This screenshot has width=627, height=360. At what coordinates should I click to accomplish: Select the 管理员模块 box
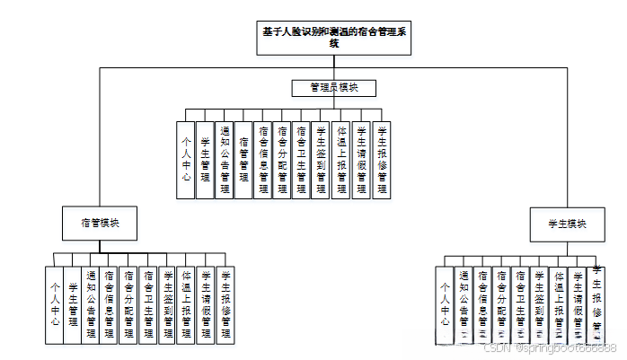334,88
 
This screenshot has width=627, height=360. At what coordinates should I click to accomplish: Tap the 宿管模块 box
100,222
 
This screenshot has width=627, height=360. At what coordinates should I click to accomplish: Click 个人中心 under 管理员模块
186,159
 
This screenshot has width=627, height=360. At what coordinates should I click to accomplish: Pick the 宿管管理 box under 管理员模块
243,159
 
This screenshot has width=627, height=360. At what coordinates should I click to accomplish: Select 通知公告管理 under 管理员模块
225,159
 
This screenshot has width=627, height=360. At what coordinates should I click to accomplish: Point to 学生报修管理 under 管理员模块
382,159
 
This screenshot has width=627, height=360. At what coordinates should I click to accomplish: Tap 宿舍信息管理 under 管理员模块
263,159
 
